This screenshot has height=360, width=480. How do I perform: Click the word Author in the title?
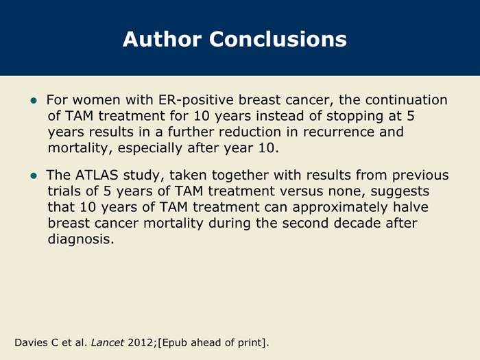163,39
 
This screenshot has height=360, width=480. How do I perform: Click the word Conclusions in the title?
278,39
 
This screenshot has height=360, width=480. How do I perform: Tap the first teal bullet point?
34,100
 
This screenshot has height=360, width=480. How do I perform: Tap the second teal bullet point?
34,176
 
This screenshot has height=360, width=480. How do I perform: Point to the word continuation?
406,100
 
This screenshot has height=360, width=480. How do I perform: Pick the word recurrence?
338,132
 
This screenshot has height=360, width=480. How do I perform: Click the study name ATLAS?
97,175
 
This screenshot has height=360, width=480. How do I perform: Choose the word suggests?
400,191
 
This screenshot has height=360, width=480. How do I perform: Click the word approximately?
340,208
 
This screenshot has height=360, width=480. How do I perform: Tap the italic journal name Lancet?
108,342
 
